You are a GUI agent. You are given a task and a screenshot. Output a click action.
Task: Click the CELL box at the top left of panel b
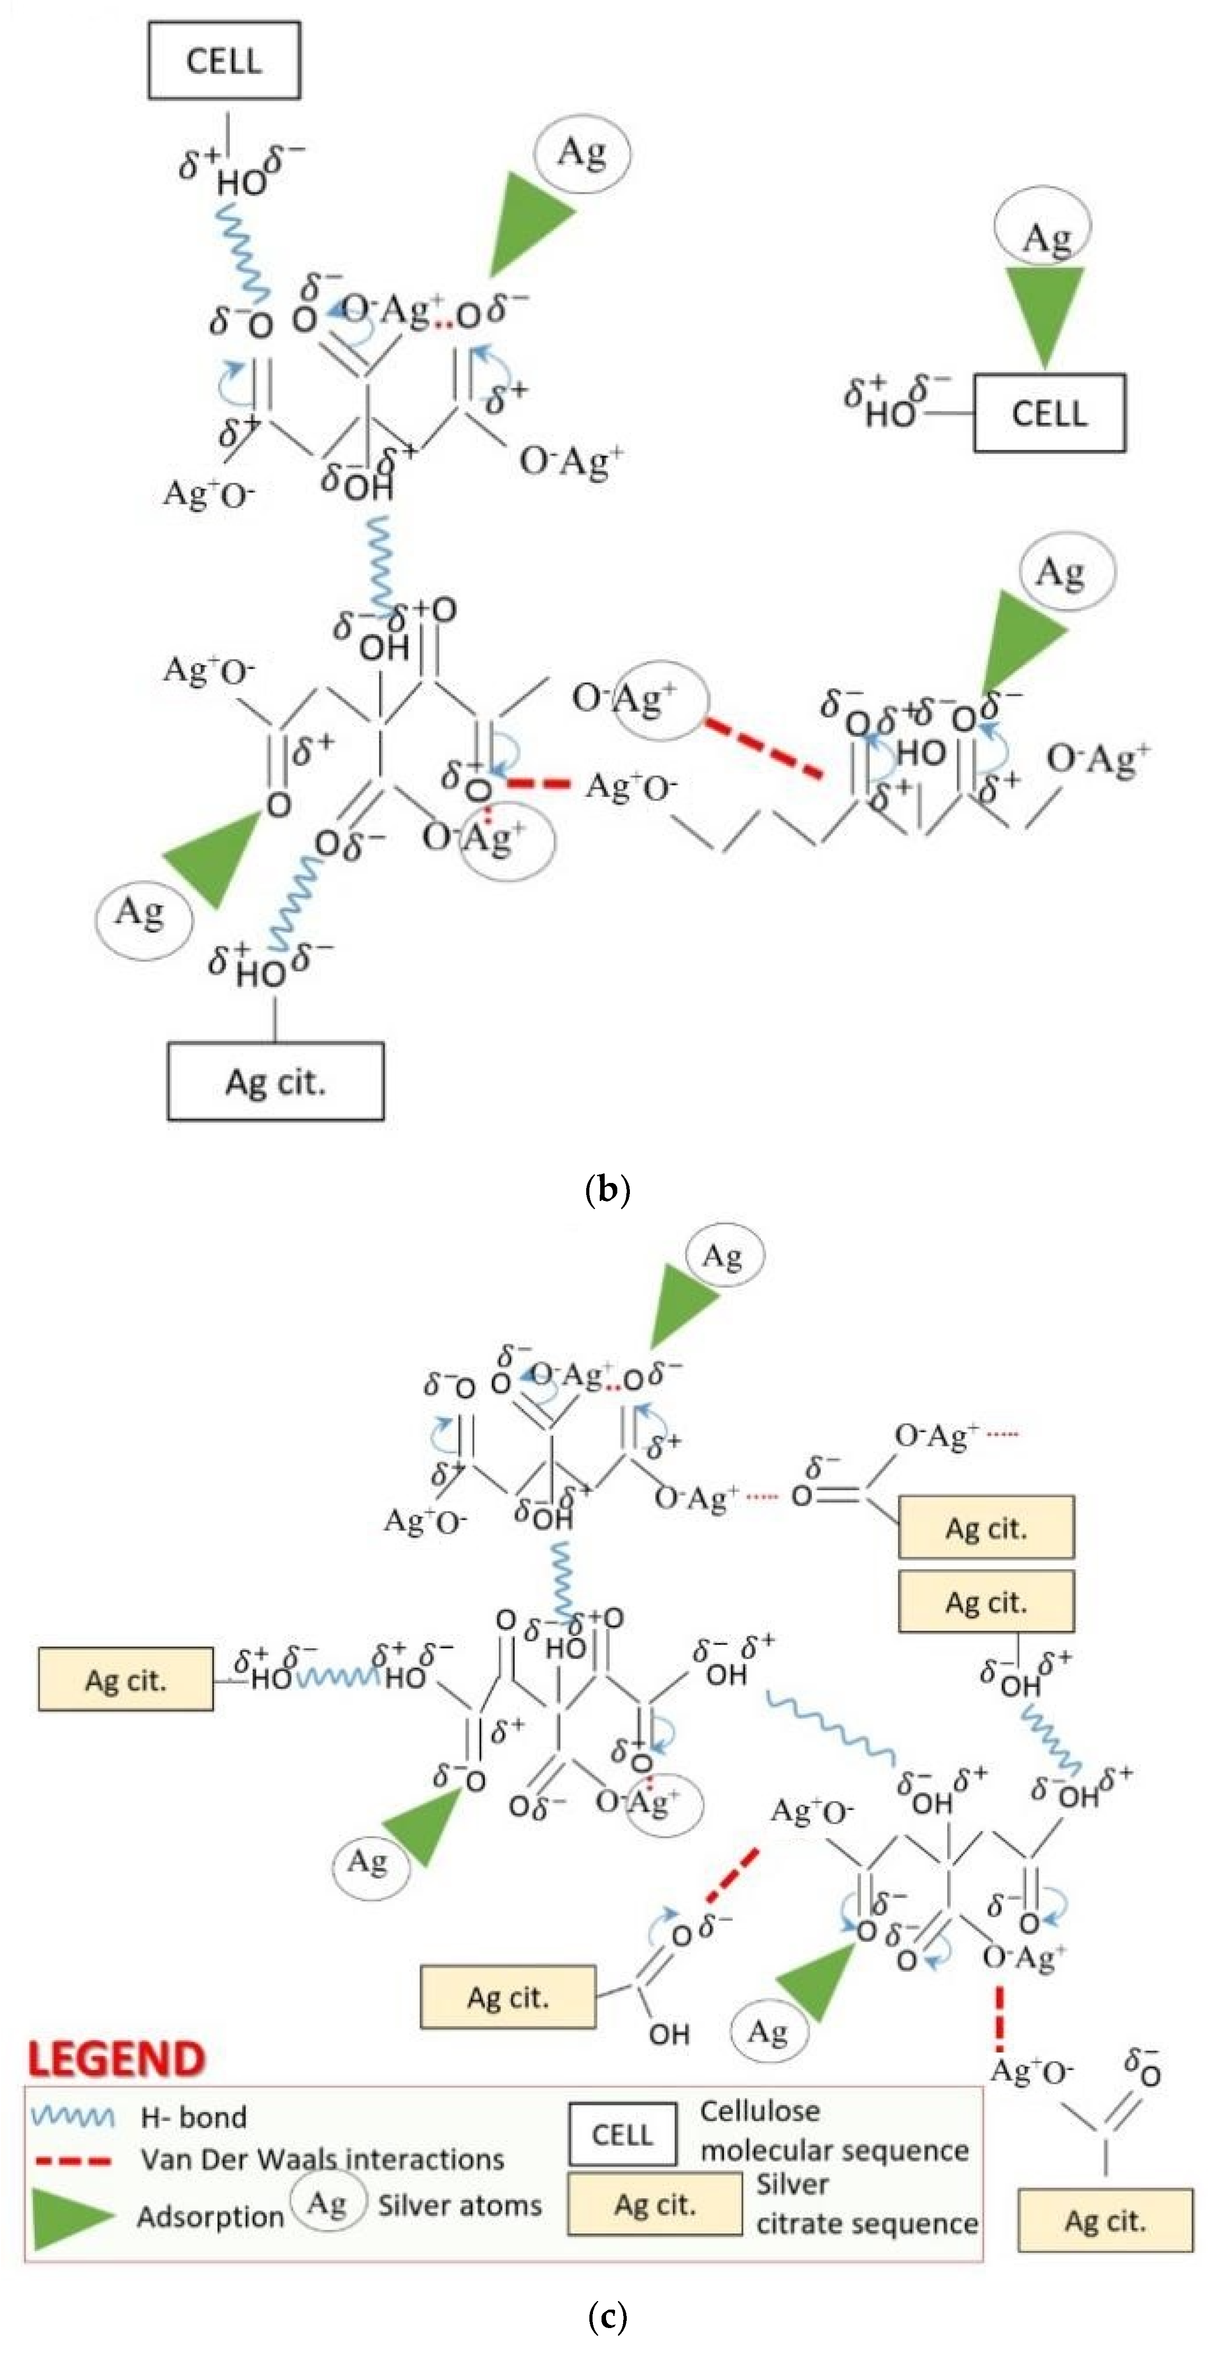coord(224,60)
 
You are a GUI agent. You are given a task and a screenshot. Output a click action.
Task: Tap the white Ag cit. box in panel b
coord(275,1081)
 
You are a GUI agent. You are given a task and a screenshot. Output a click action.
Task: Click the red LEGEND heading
coord(116,2059)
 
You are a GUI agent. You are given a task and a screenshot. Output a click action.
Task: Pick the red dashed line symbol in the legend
coord(73,2160)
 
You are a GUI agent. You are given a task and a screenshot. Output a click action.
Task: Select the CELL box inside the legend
coord(623,2134)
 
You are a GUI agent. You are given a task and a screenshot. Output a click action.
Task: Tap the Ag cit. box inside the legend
coord(655,2204)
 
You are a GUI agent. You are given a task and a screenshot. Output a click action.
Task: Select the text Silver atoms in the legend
coord(460,2205)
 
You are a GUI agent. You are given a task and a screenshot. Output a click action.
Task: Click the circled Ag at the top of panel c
coord(722,1256)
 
